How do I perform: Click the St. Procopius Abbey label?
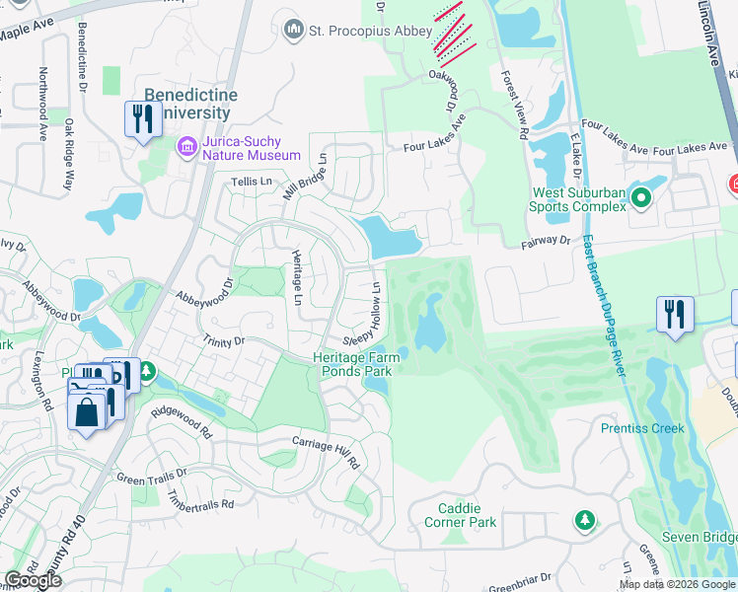click(x=371, y=32)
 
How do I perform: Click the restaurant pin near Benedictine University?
click(x=143, y=119)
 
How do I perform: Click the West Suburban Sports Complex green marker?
click(x=640, y=199)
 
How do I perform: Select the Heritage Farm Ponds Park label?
click(x=352, y=364)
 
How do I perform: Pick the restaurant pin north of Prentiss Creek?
click(x=675, y=315)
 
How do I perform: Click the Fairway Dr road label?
click(x=544, y=240)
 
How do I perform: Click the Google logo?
click(x=33, y=580)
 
